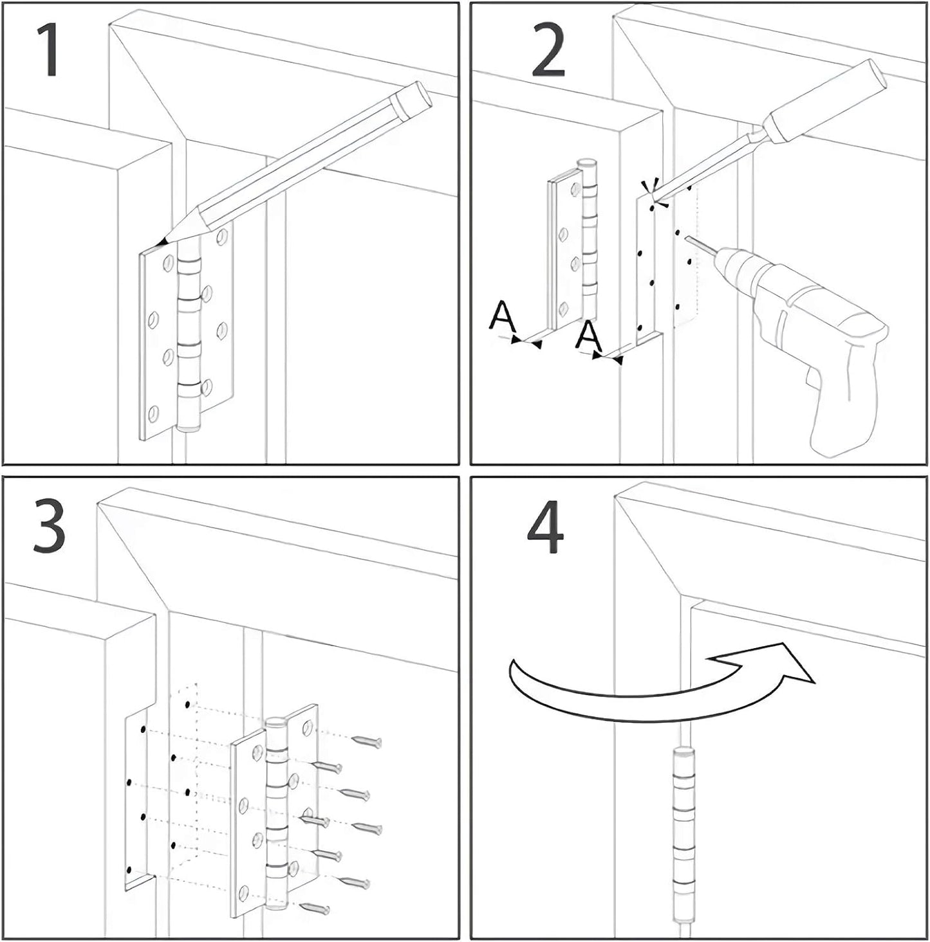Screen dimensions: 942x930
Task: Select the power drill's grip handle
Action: [x=843, y=412]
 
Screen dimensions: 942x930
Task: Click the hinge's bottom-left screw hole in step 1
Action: [x=153, y=413]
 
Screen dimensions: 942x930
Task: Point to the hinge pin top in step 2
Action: [x=586, y=164]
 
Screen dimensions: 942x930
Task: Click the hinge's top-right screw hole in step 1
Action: [x=222, y=237]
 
